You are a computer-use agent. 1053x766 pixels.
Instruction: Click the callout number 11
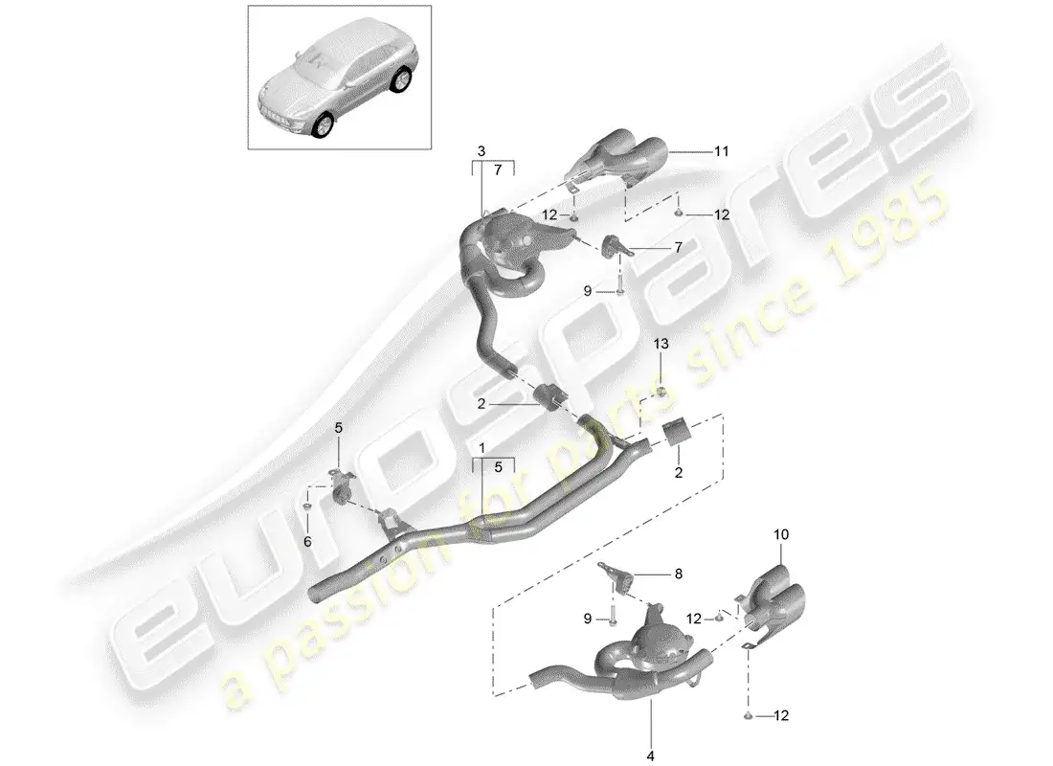[x=721, y=152]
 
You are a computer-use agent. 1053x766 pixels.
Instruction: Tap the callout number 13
[x=661, y=344]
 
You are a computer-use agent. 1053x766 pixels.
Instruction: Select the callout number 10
[x=781, y=535]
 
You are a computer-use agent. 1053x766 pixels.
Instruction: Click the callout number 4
[x=650, y=756]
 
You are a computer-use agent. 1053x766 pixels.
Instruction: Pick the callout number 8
[x=679, y=574]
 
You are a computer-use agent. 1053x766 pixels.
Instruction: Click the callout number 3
[x=482, y=152]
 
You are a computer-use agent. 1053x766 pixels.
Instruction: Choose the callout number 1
[x=482, y=447]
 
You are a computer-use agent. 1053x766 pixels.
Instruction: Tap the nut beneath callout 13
[x=661, y=392]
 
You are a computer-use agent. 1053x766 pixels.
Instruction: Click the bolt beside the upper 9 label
[x=620, y=285]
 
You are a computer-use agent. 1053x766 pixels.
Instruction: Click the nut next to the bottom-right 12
[x=749, y=716]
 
